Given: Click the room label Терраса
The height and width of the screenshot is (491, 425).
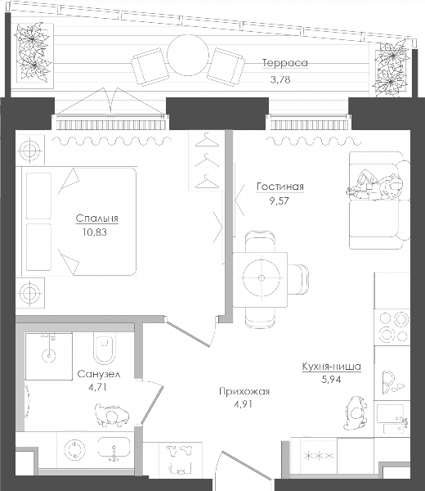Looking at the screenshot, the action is [285, 63].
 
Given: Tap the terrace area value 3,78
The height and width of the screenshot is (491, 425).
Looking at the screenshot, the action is [280, 79].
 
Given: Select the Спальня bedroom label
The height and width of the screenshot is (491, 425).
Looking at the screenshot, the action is [97, 218].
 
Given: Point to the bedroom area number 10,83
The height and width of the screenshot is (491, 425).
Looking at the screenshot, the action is [95, 232].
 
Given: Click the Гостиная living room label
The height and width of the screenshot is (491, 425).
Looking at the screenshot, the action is [280, 187].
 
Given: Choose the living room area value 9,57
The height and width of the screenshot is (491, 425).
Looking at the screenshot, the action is [280, 200].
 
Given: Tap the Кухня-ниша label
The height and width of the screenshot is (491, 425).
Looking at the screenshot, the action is [332, 367].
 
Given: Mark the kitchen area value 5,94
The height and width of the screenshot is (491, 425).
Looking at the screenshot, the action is [331, 380].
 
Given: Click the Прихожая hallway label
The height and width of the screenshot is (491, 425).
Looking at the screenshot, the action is [244, 391].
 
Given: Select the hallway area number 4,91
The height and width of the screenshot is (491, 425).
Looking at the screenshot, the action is [243, 404].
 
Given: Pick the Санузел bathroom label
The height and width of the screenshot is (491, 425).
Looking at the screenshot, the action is [99, 374].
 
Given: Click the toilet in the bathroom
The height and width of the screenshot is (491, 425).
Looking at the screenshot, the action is [105, 349].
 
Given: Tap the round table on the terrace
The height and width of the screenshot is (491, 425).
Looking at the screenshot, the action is [188, 55].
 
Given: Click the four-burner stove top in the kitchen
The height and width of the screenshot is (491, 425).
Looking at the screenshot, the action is [392, 327].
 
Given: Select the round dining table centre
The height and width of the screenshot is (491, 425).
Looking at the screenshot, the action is [261, 278].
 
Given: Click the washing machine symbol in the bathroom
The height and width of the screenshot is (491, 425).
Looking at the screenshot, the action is [74, 450].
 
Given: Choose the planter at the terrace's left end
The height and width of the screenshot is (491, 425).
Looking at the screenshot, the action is [34, 52].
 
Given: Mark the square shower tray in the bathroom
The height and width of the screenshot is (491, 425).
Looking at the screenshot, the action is [49, 356].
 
